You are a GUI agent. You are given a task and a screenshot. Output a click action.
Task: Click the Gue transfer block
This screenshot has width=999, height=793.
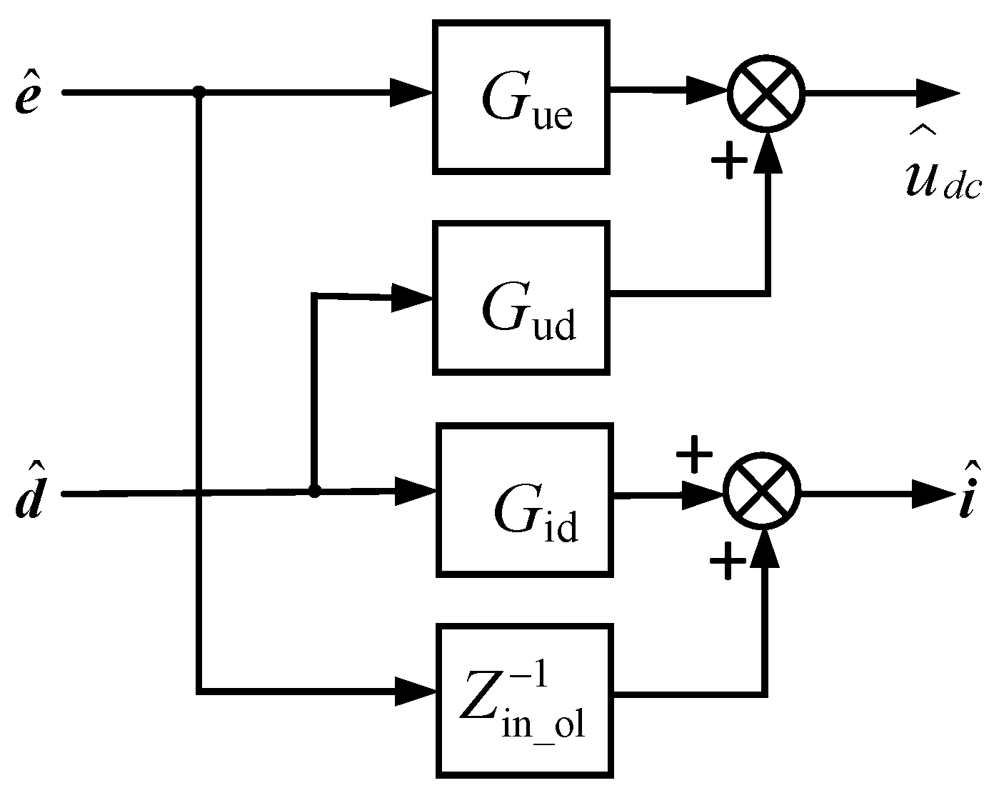tap(521, 96)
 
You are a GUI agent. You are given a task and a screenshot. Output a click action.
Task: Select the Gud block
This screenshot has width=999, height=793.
tap(521, 297)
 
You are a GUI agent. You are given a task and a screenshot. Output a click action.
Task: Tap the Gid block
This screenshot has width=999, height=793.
tap(525, 499)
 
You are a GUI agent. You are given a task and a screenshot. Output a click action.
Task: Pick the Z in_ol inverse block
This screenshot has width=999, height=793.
tap(526, 701)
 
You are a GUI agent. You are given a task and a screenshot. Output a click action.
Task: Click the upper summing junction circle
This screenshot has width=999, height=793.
tap(766, 93)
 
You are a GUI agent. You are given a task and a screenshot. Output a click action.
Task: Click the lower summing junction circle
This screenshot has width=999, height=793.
tap(762, 492)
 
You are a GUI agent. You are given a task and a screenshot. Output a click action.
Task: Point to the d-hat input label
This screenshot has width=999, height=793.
tap(28, 494)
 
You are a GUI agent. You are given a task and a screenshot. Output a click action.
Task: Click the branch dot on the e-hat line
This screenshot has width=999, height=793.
tap(199, 91)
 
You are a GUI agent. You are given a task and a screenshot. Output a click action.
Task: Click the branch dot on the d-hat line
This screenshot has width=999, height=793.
tap(313, 492)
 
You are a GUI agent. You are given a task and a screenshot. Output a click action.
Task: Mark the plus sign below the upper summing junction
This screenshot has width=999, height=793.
tap(729, 161)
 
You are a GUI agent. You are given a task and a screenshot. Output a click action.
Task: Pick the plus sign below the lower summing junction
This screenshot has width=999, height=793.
tap(728, 561)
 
